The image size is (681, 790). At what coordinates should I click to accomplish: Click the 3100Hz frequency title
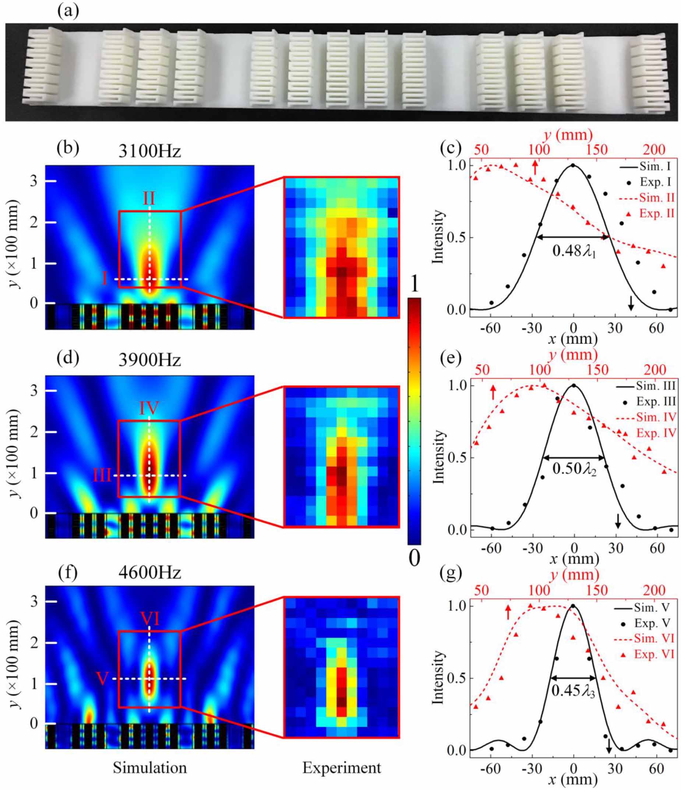tap(149, 152)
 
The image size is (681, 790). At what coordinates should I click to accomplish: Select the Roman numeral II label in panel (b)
tap(149, 199)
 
